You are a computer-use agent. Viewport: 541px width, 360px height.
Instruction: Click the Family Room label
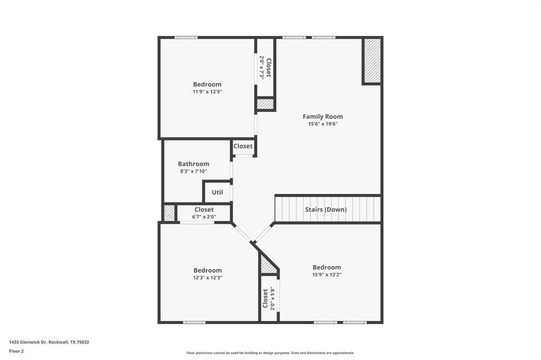point(322,117)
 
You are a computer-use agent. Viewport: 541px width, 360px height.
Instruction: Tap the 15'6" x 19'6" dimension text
point(322,124)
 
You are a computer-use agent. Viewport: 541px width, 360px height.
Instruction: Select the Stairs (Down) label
point(326,210)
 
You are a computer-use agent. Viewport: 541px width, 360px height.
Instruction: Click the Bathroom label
point(193,164)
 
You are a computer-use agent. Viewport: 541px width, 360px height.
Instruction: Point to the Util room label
point(217,192)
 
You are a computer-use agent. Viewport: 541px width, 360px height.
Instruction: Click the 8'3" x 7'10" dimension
point(193,171)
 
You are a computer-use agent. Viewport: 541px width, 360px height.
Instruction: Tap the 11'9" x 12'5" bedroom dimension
point(207,92)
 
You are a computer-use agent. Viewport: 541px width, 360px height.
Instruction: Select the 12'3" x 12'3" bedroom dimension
point(207,278)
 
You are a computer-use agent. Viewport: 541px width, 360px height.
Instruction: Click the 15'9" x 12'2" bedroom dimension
point(327,274)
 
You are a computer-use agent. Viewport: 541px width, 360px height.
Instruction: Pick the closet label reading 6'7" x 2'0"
point(204,216)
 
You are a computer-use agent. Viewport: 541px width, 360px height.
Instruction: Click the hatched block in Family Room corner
point(372,61)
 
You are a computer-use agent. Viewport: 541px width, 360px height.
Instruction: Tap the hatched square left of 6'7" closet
point(169,213)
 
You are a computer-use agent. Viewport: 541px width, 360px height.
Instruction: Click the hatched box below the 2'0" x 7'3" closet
point(265,104)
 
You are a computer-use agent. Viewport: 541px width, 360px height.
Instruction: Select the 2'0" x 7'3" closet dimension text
point(262,68)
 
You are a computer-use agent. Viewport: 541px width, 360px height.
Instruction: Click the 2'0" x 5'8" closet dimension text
point(273,298)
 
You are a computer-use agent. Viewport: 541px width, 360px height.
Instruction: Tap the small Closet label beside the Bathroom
point(243,146)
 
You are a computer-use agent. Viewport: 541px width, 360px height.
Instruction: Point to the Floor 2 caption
point(16,351)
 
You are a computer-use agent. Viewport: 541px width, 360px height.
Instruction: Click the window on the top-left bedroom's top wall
point(186,37)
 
